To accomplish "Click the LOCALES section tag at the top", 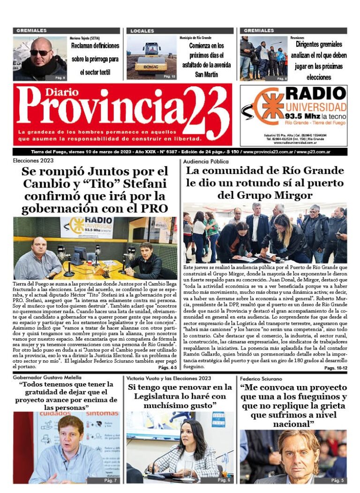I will [142, 31].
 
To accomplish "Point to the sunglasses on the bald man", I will [41, 53].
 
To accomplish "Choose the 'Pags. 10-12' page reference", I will [335, 368].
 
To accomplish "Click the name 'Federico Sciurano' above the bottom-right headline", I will [262, 378].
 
